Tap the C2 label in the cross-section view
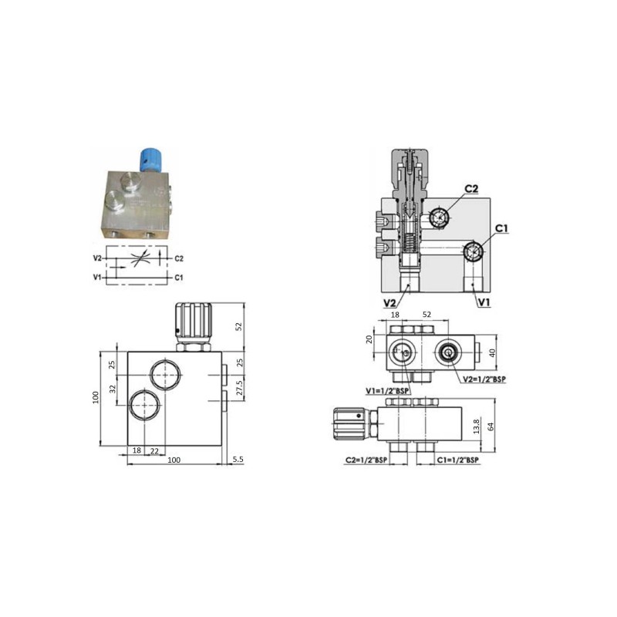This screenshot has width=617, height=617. (471, 189)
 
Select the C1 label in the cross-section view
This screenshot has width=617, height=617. (501, 228)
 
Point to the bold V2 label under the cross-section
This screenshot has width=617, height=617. (389, 302)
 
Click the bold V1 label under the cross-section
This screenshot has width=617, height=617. (484, 302)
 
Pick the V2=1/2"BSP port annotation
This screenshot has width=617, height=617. (484, 379)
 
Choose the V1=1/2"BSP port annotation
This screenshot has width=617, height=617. (387, 391)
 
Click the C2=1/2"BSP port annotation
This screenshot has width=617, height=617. (366, 460)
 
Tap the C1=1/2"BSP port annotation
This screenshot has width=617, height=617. (458, 460)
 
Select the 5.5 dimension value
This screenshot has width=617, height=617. (238, 459)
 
